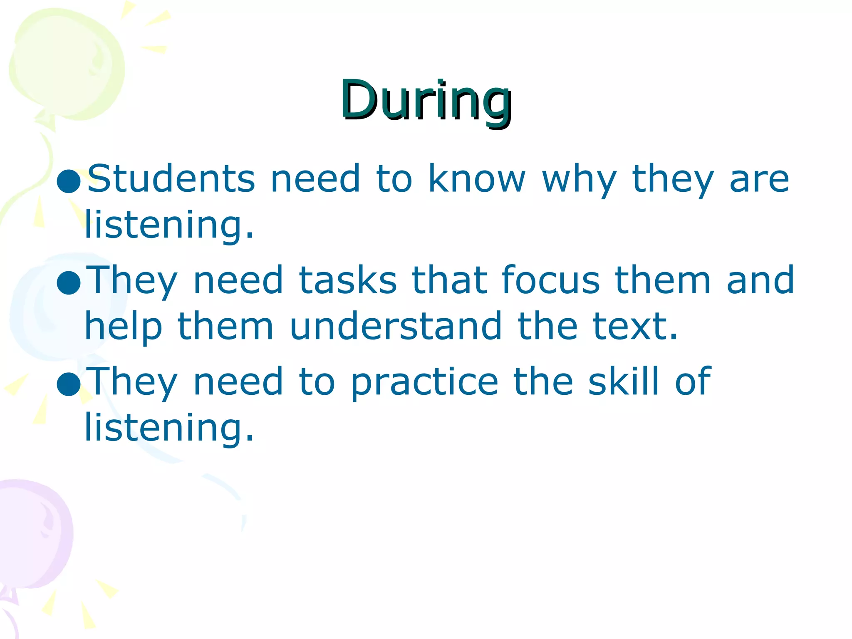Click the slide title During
[426, 101]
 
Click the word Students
[171, 178]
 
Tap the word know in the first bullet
[477, 178]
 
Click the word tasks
[348, 280]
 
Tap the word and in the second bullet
[760, 280]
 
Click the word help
[123, 327]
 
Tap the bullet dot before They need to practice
[69, 384]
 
